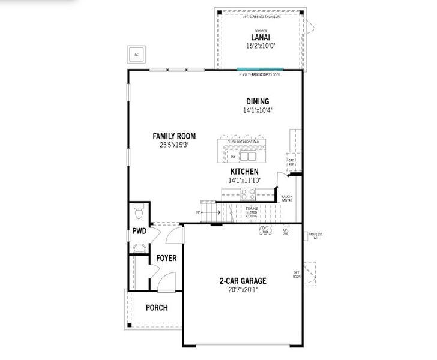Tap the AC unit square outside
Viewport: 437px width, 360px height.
coord(136,55)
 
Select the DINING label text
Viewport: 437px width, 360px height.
coord(257,101)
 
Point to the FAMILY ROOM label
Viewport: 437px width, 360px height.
coord(174,136)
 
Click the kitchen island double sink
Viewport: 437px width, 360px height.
coord(248,157)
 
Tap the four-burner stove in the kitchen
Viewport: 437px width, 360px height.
coord(248,194)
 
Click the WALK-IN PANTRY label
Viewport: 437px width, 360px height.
coord(286,199)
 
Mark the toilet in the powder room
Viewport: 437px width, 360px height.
coord(139,212)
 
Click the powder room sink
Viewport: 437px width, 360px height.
coord(139,248)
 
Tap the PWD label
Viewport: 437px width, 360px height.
coord(139,231)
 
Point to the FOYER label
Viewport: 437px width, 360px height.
coord(166,258)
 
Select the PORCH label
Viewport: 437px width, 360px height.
coord(156,308)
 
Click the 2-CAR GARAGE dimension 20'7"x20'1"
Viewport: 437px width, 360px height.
coord(243,290)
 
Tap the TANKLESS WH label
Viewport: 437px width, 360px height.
coord(316,236)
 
